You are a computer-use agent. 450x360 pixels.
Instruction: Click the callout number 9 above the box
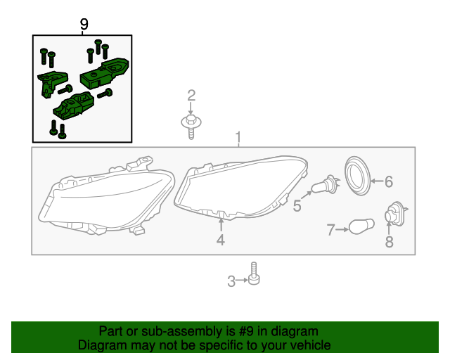pyautogui.click(x=84, y=25)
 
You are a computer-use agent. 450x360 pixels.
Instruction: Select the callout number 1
pyautogui.click(x=238, y=136)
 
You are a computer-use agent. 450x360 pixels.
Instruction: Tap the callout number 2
pyautogui.click(x=191, y=96)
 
